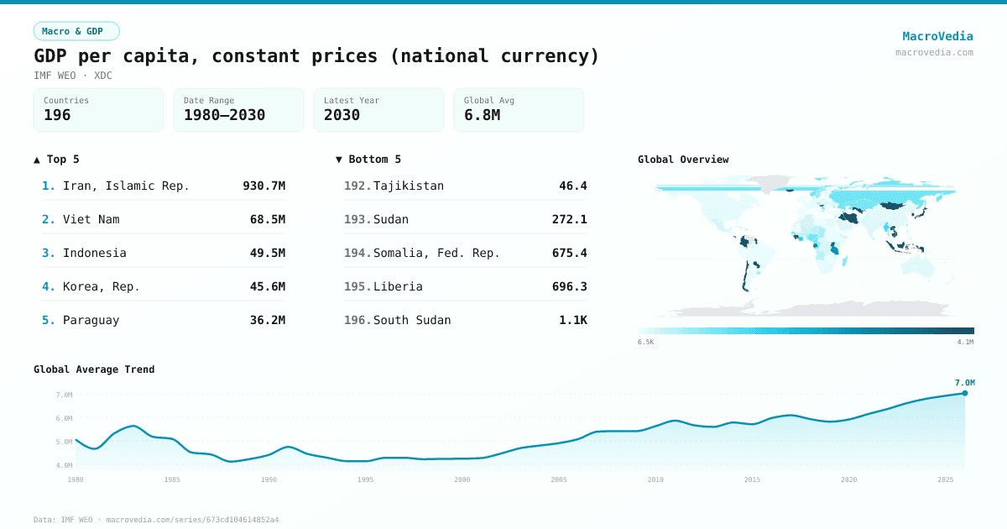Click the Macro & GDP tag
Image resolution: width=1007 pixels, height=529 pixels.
tap(76, 31)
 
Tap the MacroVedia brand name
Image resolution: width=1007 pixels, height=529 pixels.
tap(937, 36)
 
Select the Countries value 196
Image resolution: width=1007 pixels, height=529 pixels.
tap(57, 115)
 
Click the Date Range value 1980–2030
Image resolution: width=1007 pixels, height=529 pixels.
tap(224, 115)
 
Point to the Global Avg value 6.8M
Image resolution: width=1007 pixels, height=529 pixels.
tap(482, 115)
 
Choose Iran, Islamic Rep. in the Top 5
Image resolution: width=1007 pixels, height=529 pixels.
tap(126, 186)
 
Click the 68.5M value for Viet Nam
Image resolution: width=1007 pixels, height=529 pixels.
tap(267, 219)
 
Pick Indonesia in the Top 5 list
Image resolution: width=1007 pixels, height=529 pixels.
tap(94, 253)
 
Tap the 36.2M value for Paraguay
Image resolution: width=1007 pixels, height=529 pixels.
tap(267, 320)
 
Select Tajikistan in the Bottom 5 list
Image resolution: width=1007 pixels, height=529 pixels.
tap(408, 186)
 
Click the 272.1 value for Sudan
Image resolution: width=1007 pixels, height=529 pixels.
tap(569, 219)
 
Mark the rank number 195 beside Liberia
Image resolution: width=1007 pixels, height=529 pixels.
tap(357, 286)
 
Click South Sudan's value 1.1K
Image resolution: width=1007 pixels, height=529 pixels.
tap(572, 320)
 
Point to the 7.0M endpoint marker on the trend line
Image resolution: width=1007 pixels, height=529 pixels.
tap(964, 393)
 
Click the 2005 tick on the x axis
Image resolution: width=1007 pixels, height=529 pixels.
tap(559, 479)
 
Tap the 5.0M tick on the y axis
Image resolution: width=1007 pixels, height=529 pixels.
tap(64, 442)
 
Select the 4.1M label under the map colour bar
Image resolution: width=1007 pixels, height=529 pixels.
tap(965, 342)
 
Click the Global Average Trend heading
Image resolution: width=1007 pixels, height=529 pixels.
tap(94, 369)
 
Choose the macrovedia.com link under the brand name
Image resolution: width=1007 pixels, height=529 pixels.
tap(934, 52)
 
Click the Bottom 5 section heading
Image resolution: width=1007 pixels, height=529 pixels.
tap(368, 160)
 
